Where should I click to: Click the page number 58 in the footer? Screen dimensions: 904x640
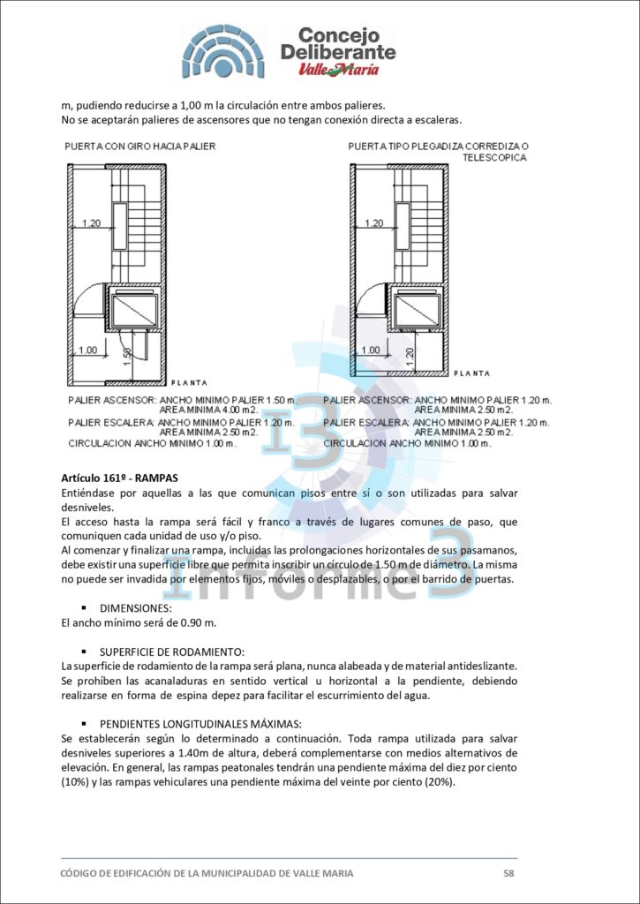tap(508, 873)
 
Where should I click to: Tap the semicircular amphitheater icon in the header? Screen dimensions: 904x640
tap(223, 52)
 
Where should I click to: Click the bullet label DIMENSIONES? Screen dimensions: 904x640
tap(135, 608)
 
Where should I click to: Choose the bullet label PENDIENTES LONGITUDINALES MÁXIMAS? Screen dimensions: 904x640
tap(200, 723)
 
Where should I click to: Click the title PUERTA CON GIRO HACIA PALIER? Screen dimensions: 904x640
tap(139, 146)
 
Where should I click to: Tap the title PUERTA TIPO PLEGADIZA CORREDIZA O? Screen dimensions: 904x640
tap(438, 146)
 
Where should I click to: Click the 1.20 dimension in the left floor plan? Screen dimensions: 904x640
tap(91, 223)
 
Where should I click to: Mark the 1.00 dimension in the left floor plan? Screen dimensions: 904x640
tap(88, 350)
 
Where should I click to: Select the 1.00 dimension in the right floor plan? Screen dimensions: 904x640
tap(373, 350)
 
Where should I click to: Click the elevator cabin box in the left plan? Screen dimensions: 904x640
tap(131, 309)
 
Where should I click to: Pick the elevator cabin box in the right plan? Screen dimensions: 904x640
tap(417, 310)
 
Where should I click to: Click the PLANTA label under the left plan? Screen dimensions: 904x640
tap(189, 382)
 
